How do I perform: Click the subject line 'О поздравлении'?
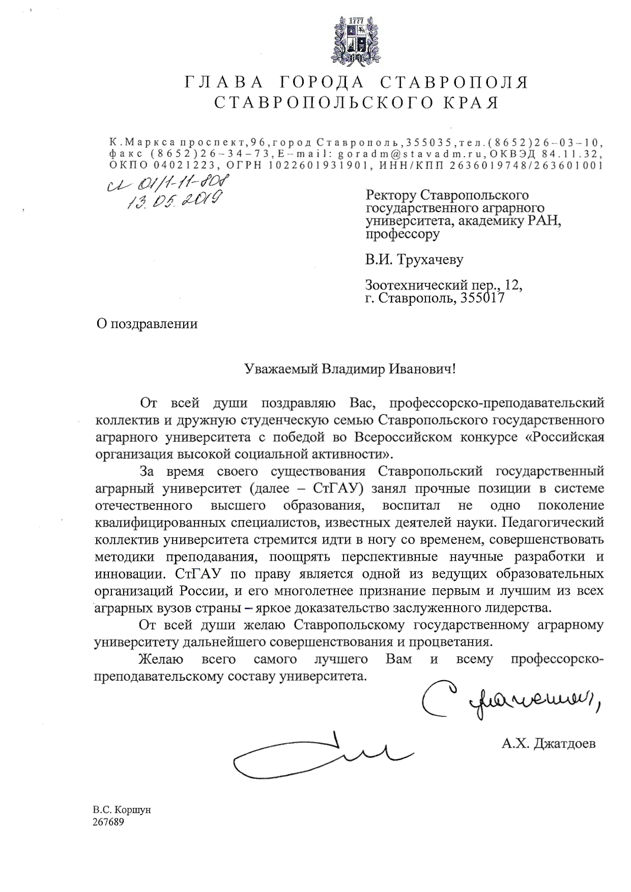147,324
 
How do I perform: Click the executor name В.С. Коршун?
122,810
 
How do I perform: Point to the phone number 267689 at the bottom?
108,822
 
